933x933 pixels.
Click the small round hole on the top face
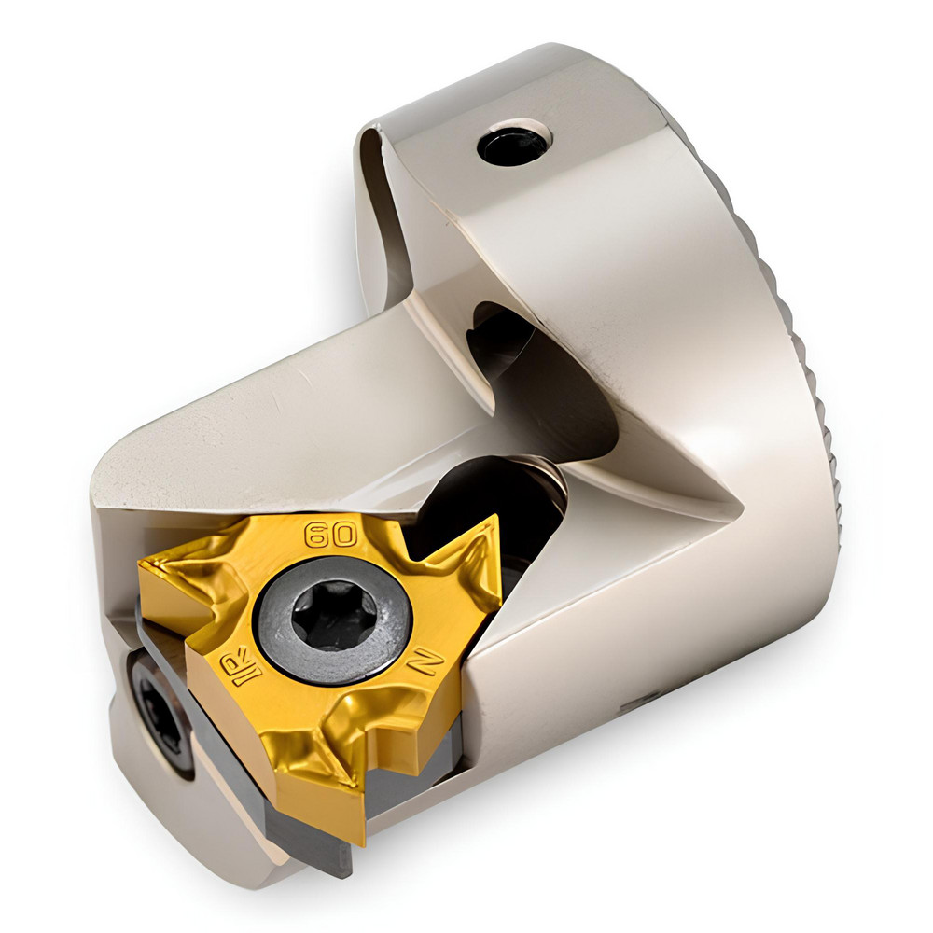tap(512, 145)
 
